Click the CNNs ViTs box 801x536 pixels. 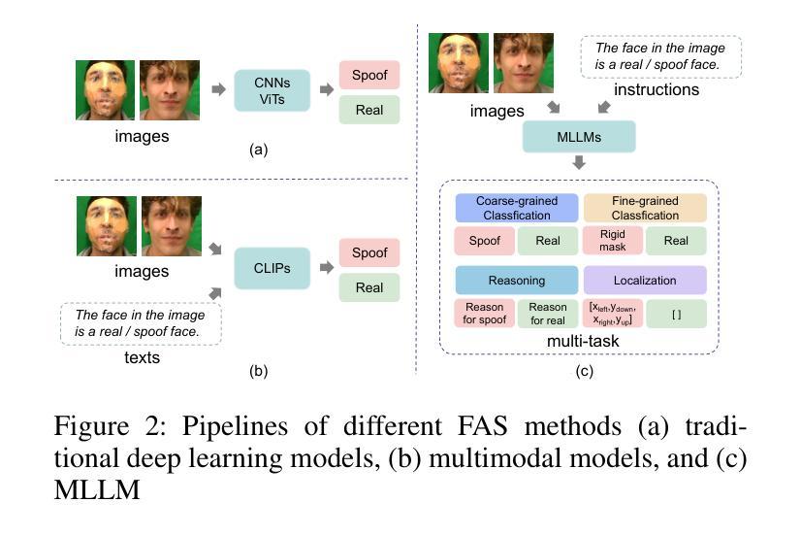point(271,89)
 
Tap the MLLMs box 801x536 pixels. point(579,137)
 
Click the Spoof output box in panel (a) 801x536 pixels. point(369,74)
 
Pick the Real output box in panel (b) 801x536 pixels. point(369,287)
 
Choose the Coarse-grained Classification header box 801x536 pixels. point(517,207)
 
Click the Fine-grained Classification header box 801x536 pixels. point(645,207)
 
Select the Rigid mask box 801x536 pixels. point(613,240)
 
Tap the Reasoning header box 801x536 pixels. point(517,281)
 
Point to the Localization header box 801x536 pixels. point(645,281)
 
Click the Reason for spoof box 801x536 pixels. point(485,314)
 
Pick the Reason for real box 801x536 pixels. point(548,314)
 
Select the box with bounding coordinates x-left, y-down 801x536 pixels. point(613,314)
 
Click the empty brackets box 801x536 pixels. point(676,314)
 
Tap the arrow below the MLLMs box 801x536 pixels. point(579,162)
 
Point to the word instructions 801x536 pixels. point(657,89)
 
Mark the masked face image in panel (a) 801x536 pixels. point(106,90)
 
